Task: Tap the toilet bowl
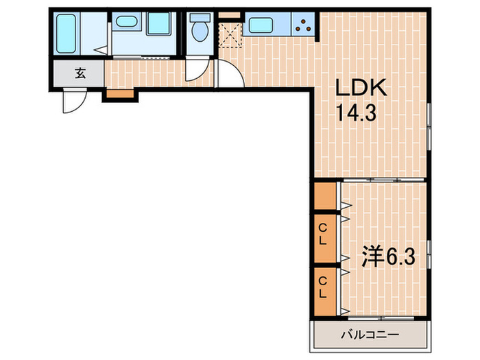tap(201, 32)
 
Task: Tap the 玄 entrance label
tap(80, 73)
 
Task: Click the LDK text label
tap(361, 88)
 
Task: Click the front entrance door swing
tap(73, 101)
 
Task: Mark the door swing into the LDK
tap(228, 74)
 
